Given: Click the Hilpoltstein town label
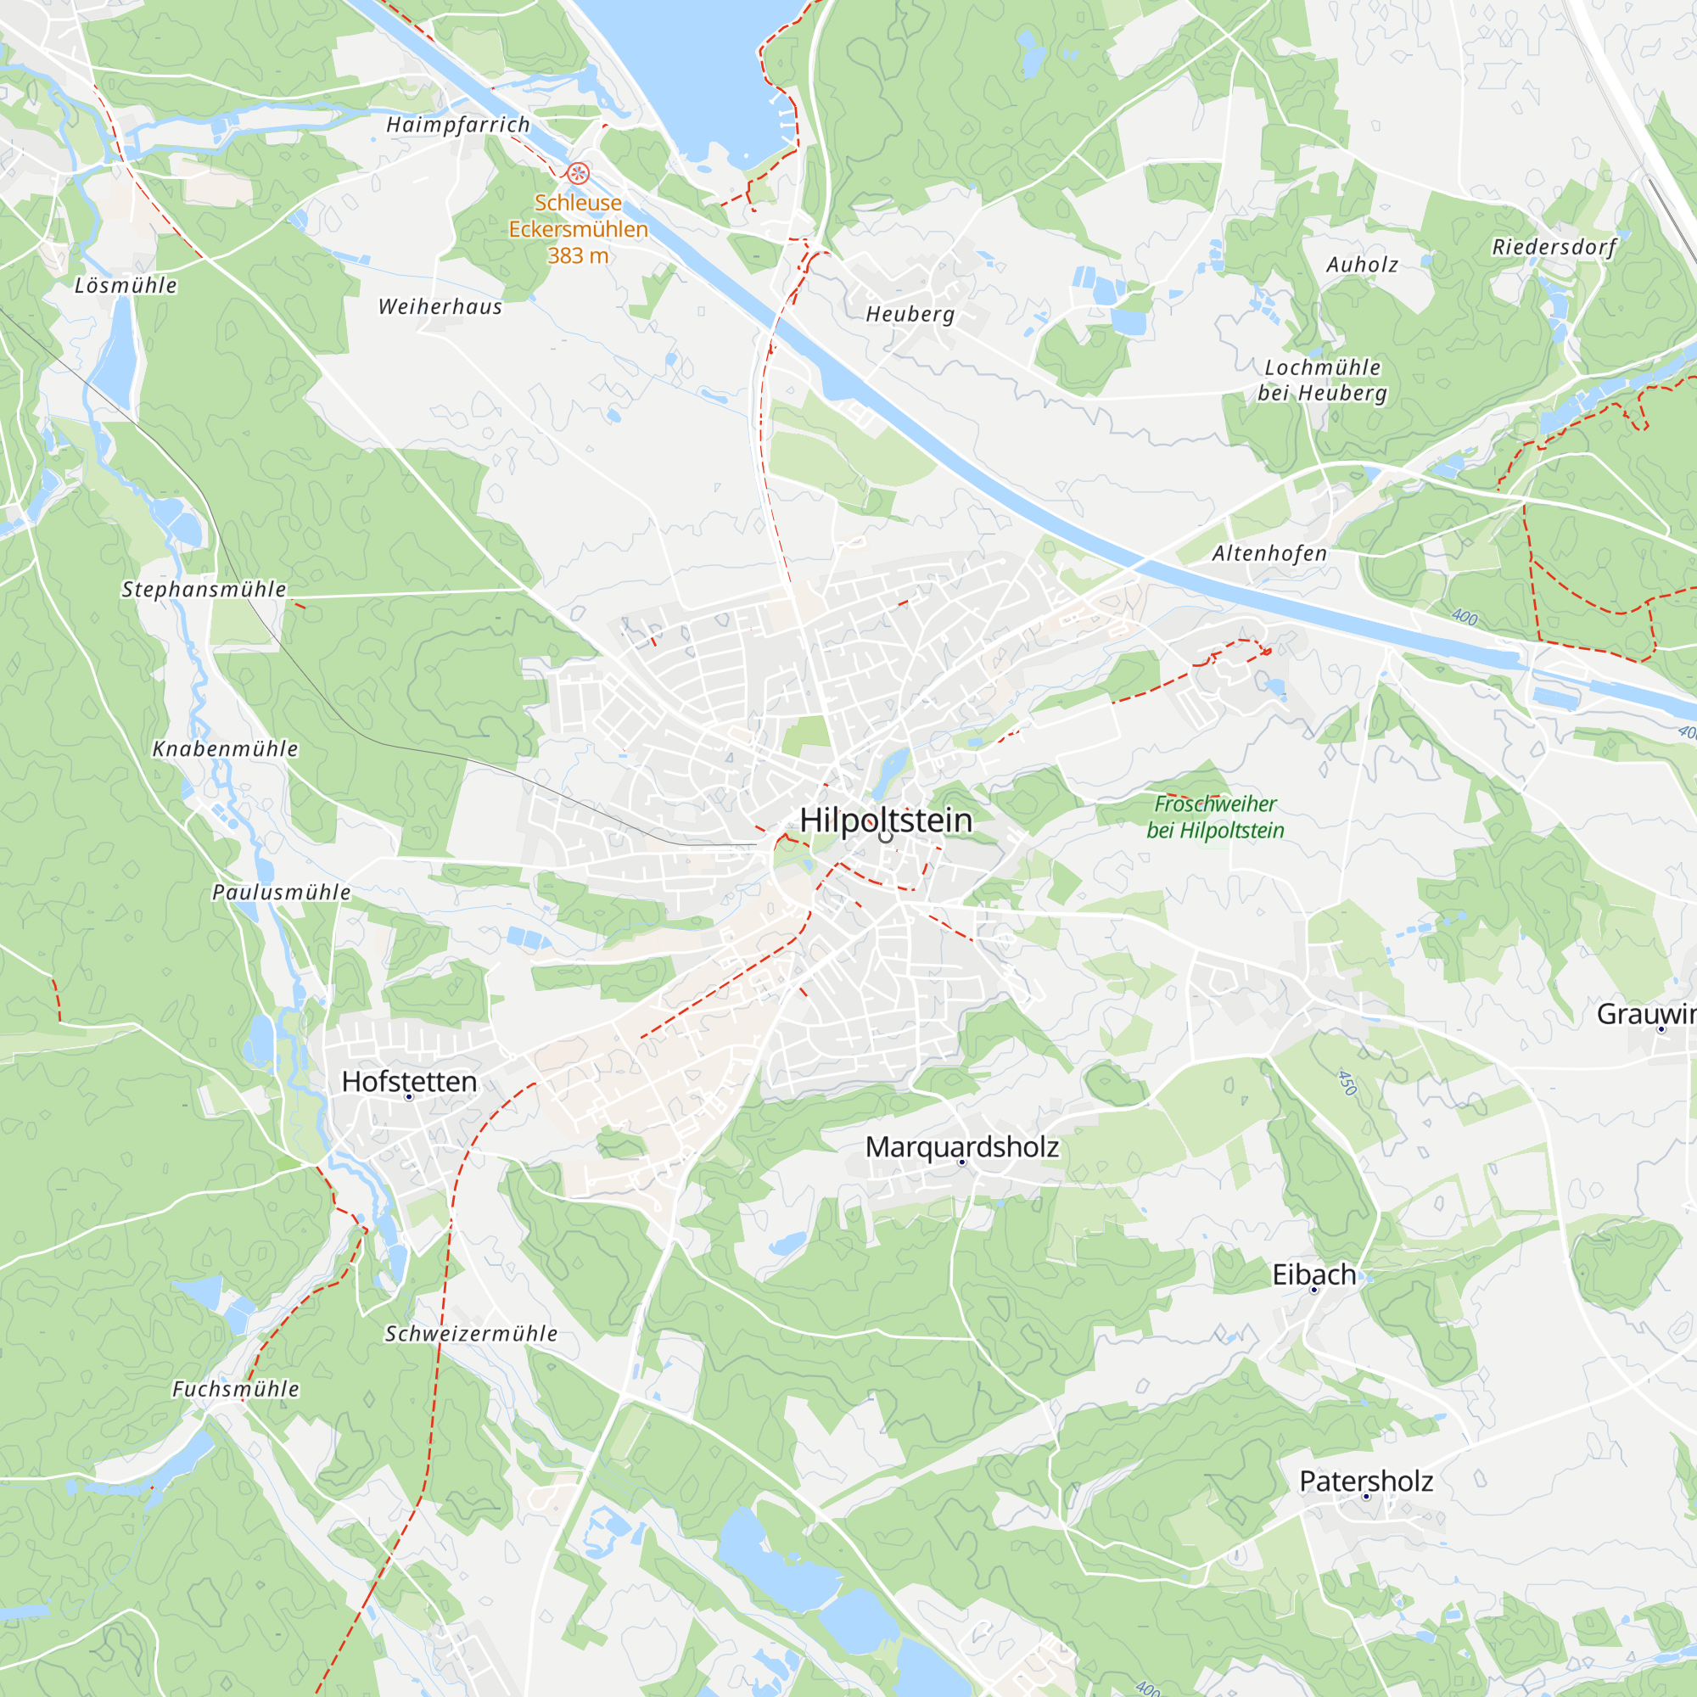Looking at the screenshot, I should (x=885, y=820).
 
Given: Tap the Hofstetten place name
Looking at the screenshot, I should (x=409, y=1081).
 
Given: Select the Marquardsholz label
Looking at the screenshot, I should (x=962, y=1147).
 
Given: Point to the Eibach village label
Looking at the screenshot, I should (x=1313, y=1274).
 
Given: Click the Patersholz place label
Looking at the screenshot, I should (x=1366, y=1481).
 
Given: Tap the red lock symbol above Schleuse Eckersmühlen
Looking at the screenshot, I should (x=577, y=173).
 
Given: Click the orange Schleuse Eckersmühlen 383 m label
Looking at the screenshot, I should (x=578, y=229).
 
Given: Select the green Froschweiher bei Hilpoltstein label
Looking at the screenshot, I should (x=1215, y=817).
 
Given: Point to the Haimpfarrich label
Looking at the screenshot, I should (x=458, y=125).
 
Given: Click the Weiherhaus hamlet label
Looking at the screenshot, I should (x=440, y=306).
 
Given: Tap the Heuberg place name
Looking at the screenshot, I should (x=910, y=314).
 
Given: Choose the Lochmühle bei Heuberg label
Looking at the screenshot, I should (x=1322, y=380).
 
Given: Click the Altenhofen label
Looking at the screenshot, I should (x=1269, y=553).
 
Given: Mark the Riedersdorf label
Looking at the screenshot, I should (x=1554, y=247).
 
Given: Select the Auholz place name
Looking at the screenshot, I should (x=1362, y=265).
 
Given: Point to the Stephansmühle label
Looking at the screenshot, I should (x=204, y=590).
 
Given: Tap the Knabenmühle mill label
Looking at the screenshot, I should (x=226, y=749).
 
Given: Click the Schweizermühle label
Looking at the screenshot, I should (x=471, y=1333).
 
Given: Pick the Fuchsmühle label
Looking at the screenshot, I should (x=235, y=1389).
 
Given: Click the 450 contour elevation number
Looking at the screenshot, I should (x=1347, y=1082).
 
